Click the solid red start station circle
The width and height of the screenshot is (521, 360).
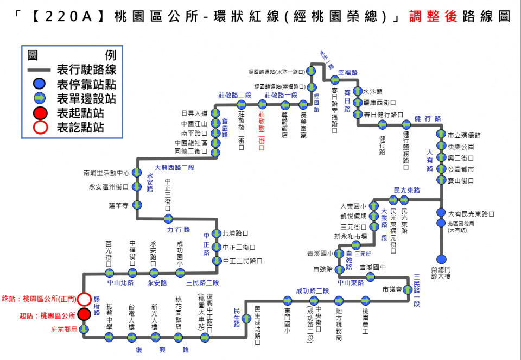tap(84, 314)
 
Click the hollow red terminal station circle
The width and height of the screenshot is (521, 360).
tap(84, 299)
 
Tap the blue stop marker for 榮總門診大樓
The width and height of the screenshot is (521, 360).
tap(441, 259)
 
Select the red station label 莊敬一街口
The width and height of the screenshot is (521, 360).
tap(262, 128)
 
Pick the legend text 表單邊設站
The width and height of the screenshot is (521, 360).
tap(86, 98)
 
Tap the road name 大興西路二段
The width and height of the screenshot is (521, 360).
tap(174, 168)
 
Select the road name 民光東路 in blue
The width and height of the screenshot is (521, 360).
tap(406, 190)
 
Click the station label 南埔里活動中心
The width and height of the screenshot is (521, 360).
tap(106, 173)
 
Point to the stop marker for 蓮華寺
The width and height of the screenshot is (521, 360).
tap(137, 205)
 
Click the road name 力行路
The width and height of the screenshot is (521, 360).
tap(179, 229)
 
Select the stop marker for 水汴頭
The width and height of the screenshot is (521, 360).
tap(357, 91)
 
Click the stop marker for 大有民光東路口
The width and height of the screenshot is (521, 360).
tap(441, 213)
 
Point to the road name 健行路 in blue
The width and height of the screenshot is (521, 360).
tap(427, 118)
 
